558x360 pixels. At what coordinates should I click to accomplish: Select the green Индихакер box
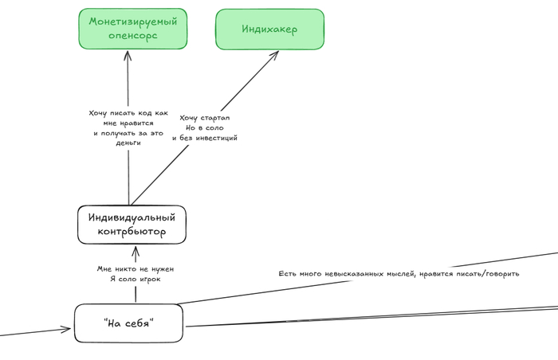pos(269,29)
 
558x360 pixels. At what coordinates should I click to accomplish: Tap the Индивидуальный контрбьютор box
pos(132,225)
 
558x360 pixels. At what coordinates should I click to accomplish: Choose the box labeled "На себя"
pos(129,323)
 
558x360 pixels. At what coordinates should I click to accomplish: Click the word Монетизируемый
pos(132,21)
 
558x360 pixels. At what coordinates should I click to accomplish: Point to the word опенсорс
pos(132,36)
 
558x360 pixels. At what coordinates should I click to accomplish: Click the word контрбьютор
pos(132,233)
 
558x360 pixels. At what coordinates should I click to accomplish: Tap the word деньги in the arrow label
pos(129,143)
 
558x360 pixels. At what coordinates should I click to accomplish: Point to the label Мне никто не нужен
pos(135,269)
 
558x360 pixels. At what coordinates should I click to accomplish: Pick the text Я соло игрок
pos(134,280)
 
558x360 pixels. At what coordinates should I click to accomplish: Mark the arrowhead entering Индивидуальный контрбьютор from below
pos(134,250)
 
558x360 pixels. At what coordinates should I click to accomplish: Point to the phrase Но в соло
pos(204,127)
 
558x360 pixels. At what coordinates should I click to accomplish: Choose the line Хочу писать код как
pos(128,113)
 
